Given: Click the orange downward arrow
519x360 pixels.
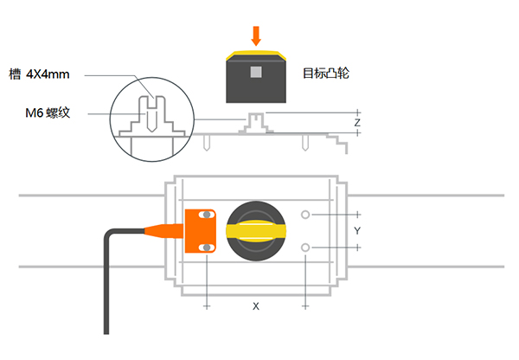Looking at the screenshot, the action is pyautogui.click(x=256, y=35).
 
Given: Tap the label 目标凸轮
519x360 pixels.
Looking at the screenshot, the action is pyautogui.click(x=326, y=74).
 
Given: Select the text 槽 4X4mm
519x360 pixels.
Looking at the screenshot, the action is pyautogui.click(x=39, y=74).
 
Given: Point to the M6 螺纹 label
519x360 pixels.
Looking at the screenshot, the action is pyautogui.click(x=48, y=113).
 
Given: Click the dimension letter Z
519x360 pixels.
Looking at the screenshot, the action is pyautogui.click(x=357, y=123).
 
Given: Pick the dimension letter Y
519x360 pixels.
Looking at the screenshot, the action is pyautogui.click(x=357, y=231).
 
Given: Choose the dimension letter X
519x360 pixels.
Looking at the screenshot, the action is pyautogui.click(x=256, y=306).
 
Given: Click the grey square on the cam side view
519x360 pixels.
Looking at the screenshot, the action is pyautogui.click(x=256, y=72).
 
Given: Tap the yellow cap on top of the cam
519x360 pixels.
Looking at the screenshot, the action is pyautogui.click(x=256, y=55).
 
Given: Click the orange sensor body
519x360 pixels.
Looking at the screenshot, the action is pyautogui.click(x=201, y=231).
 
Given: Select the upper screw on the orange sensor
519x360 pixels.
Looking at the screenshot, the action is pyautogui.click(x=207, y=215).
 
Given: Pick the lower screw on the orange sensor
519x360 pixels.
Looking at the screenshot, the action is pyautogui.click(x=207, y=247).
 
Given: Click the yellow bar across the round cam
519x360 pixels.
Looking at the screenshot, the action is pyautogui.click(x=256, y=231).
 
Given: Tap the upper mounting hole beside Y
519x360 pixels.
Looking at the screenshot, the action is pyautogui.click(x=305, y=215).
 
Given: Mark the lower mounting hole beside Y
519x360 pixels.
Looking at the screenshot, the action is pyautogui.click(x=305, y=247).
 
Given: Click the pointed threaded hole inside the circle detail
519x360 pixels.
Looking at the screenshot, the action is pyautogui.click(x=151, y=120).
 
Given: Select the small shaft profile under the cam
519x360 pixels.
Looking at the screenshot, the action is pyautogui.click(x=256, y=123).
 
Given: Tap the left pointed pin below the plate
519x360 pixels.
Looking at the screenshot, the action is pyautogui.click(x=207, y=143).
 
